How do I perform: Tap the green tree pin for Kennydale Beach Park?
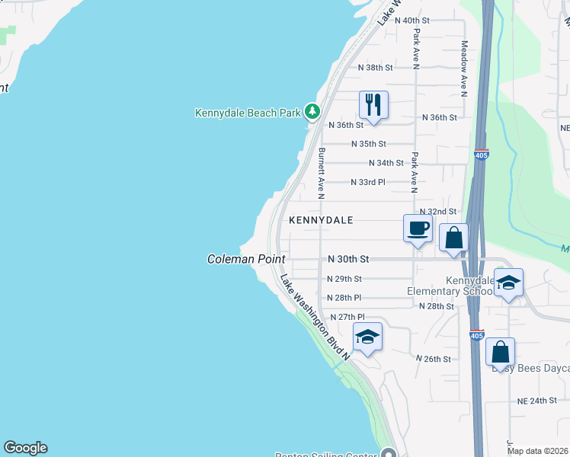click(x=312, y=112)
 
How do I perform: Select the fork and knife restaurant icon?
click(x=373, y=104)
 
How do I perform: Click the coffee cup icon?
click(x=418, y=228)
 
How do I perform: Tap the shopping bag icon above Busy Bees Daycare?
click(x=500, y=352)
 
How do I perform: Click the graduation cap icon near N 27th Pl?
click(x=367, y=337)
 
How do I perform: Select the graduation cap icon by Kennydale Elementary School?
click(x=508, y=283)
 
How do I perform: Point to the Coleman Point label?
click(x=246, y=259)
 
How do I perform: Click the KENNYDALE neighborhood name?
click(x=321, y=220)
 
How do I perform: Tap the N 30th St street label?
click(x=348, y=259)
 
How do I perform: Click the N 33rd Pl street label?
click(x=368, y=182)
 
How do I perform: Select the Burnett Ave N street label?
click(x=322, y=174)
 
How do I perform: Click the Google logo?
click(x=25, y=448)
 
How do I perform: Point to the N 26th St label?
click(x=433, y=358)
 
